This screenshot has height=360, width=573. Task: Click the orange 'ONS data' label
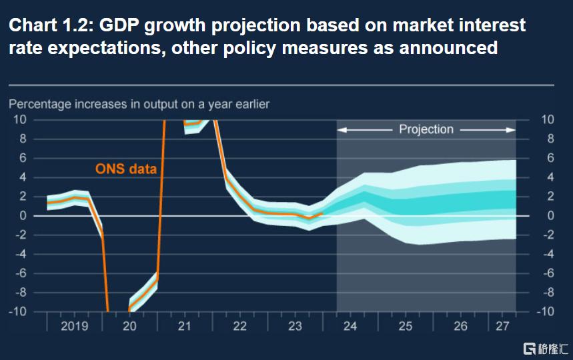[x=126, y=169]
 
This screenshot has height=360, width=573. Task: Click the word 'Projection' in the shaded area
[x=426, y=129]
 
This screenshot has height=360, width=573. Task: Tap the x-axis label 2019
[x=74, y=326]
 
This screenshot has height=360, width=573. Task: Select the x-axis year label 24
[x=350, y=326]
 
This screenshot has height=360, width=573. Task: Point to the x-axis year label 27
[x=502, y=326]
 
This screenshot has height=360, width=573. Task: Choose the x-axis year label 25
[x=406, y=326]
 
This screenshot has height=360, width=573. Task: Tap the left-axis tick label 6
[x=22, y=158]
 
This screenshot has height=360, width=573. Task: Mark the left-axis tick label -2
[x=20, y=235]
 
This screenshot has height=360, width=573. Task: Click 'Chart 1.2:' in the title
[x=49, y=25]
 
